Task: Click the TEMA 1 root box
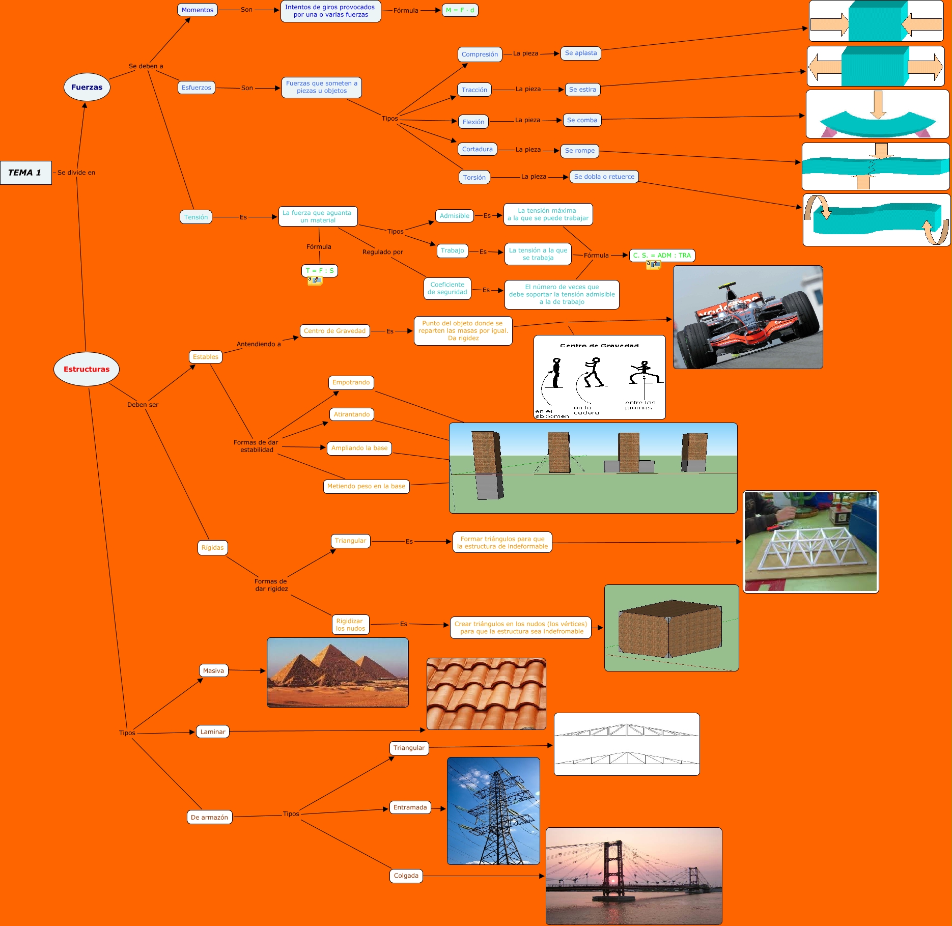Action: pos(25,173)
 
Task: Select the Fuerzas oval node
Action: pos(87,87)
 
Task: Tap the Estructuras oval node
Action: pos(86,369)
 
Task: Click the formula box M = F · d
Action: pos(460,10)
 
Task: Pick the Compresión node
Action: pos(480,54)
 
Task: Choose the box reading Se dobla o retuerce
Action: pos(604,177)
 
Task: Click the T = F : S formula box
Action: pos(319,270)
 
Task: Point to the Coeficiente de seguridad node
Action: pos(447,289)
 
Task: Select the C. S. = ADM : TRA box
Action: pos(662,256)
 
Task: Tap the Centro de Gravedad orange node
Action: pos(334,331)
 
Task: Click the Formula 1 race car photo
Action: pos(747,317)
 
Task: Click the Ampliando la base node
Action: pos(359,448)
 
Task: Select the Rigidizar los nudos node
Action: pos(349,625)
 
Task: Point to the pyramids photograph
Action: pos(338,672)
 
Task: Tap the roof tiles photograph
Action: pos(486,693)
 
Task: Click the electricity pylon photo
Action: pos(493,810)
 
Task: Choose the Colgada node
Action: pos(406,876)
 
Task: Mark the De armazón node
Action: pos(209,817)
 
